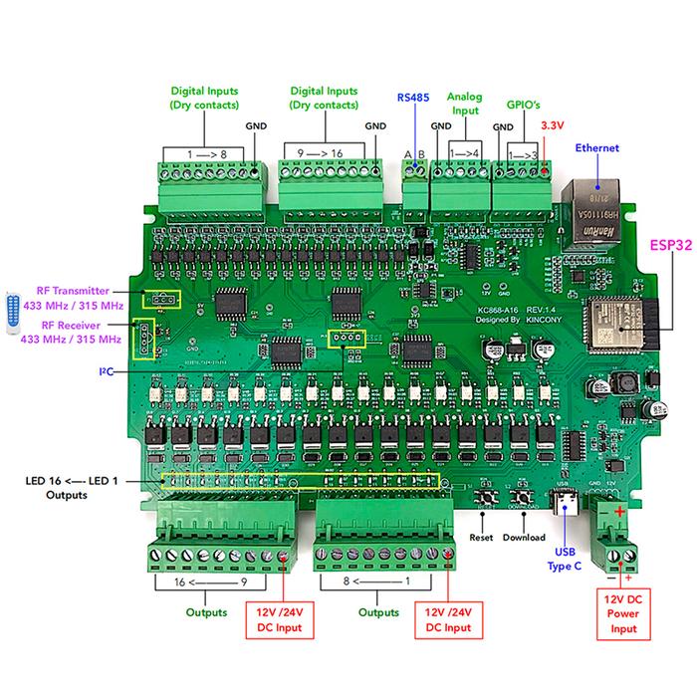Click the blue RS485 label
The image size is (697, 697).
point(413,98)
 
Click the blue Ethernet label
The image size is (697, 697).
point(597,148)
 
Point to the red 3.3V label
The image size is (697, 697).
point(553,126)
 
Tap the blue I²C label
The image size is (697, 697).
point(106,371)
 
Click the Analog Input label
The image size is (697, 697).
point(464,105)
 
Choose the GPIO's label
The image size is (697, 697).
point(521,103)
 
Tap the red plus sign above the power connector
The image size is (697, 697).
point(619,512)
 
